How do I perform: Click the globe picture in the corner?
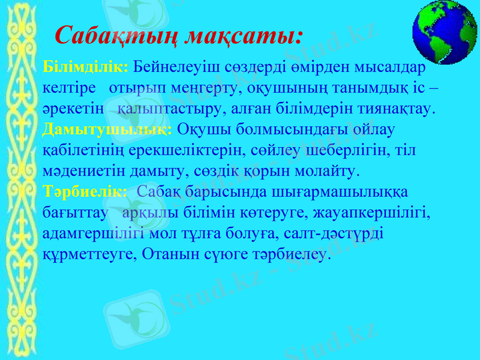click(445, 31)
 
